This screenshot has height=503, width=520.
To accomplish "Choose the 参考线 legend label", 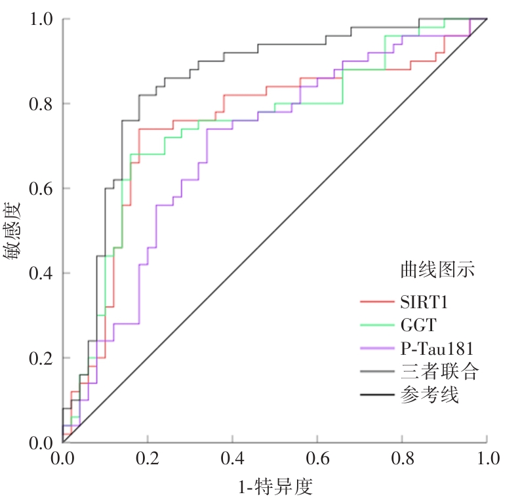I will point(430,395).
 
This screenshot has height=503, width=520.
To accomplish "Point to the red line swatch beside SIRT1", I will point(376,302).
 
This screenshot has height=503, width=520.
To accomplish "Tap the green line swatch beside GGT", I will point(376,325).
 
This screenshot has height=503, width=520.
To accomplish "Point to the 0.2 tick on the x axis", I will point(148,456).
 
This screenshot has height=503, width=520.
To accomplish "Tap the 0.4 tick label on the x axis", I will point(232,456).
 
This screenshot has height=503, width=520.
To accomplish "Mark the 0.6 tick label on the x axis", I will point(317,456).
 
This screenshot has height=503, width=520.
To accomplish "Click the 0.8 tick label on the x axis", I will point(402,456).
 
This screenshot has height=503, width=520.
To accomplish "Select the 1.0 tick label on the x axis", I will point(486,456).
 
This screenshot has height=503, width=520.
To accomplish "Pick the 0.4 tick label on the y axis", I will point(41,273).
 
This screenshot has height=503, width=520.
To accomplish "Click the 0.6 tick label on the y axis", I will point(41,189).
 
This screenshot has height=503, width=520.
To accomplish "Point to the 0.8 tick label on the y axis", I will point(41,104).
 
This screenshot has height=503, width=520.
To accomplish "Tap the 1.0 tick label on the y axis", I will point(41,20).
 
